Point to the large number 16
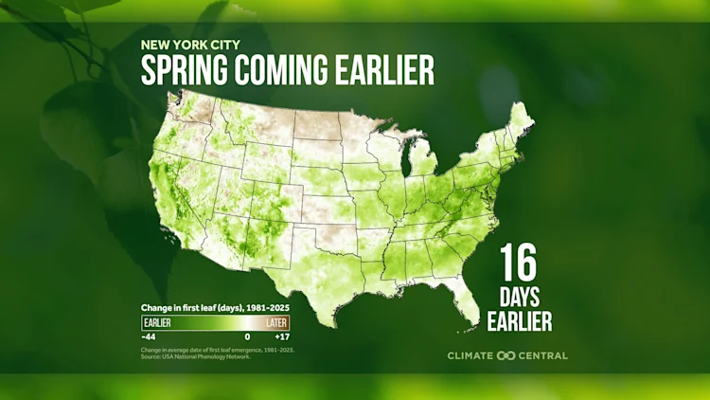pyautogui.click(x=519, y=261)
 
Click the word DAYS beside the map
pyautogui.click(x=519, y=297)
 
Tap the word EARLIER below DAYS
pyautogui.click(x=519, y=322)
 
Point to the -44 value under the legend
pyautogui.click(x=149, y=337)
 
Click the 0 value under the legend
pyautogui.click(x=247, y=337)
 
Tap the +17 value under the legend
pyautogui.click(x=281, y=337)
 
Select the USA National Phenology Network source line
pyautogui.click(x=196, y=356)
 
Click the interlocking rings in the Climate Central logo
pyautogui.click(x=506, y=355)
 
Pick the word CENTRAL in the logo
pyautogui.click(x=543, y=355)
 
